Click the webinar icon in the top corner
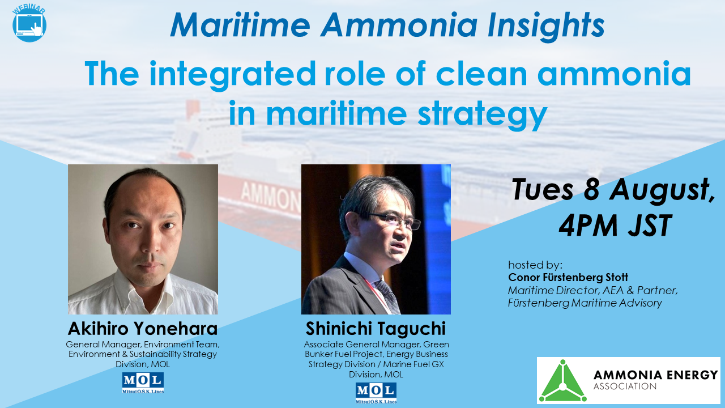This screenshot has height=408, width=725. [x=29, y=24]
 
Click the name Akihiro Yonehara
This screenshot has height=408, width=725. [x=143, y=329]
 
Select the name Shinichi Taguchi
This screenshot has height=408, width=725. [x=376, y=329]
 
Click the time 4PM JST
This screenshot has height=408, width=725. [x=615, y=226]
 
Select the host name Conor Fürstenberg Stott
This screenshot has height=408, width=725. [x=568, y=278]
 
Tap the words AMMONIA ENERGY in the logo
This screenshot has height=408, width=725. [x=655, y=375]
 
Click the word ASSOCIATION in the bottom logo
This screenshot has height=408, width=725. [x=624, y=387]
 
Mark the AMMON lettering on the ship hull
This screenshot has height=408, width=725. [x=271, y=195]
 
